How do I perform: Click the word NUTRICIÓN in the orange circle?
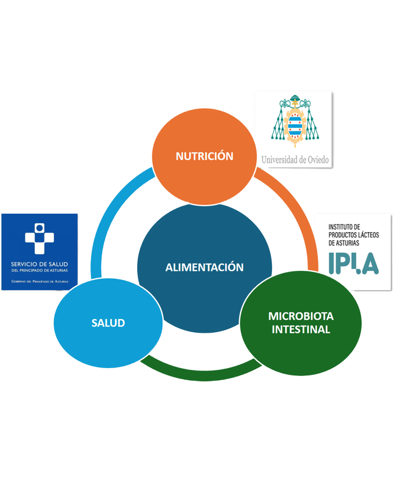204,156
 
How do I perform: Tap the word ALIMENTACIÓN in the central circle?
204,268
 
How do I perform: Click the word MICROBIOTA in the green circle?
301,316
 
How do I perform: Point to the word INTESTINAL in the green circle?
301,330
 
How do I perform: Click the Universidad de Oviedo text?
294,160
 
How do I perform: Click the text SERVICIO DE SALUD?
40,264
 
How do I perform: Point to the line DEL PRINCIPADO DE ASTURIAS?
40,271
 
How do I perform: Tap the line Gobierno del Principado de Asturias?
40,280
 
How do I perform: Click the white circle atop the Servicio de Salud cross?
39,228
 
